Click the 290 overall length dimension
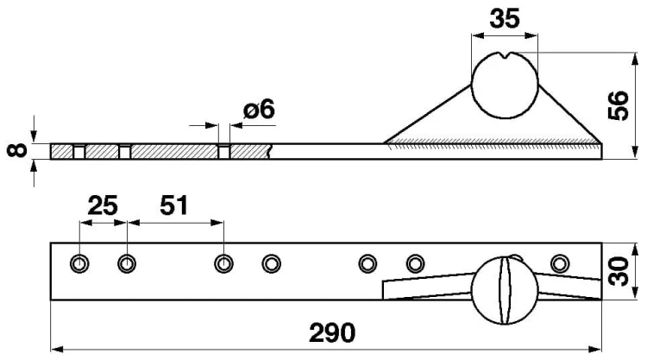[x=332, y=332]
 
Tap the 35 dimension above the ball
[x=505, y=19]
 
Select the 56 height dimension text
[x=619, y=105]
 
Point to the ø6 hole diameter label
[x=259, y=110]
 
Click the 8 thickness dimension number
[x=17, y=151]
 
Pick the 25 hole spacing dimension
[x=103, y=205]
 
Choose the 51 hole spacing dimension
[x=173, y=205]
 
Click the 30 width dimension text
[x=619, y=271]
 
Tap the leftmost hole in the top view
[x=79, y=263]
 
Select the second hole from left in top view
[x=127, y=263]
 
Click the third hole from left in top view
[x=223, y=263]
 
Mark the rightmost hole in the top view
[x=560, y=263]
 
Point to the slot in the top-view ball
[x=505, y=290]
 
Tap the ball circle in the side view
[x=472, y=85]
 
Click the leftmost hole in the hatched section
[x=79, y=152]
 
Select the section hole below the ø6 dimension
[x=224, y=152]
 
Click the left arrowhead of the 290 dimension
[x=57, y=350]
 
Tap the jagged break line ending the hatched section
[x=270, y=152]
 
